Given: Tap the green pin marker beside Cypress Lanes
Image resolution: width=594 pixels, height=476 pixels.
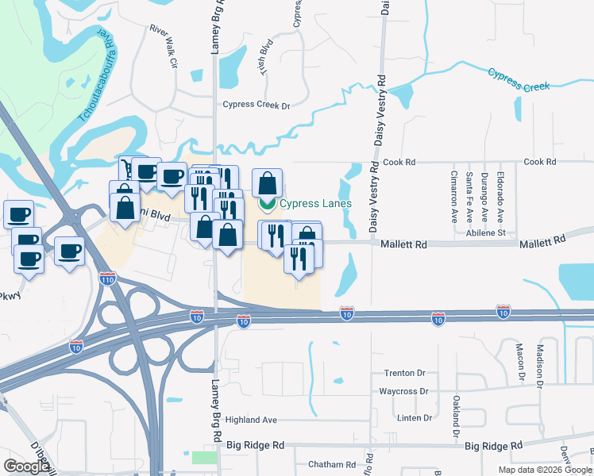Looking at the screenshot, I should (268, 205).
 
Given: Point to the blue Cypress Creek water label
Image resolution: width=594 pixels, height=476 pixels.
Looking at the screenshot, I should (523, 80).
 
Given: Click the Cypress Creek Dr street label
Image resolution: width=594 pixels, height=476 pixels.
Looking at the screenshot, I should (256, 105).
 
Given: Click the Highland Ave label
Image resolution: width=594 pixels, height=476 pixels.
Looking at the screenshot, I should (251, 420).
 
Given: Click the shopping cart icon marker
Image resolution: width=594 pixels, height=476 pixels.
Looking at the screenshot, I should (128, 167).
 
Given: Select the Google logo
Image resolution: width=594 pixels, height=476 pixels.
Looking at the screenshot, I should (27, 466).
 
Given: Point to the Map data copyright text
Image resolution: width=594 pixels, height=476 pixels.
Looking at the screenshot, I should (545, 470).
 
